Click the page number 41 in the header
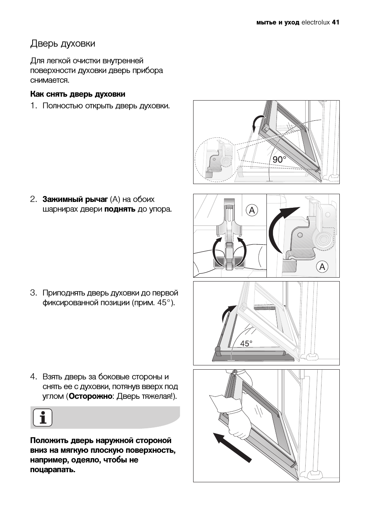335,23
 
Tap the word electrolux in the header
316,23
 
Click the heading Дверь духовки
63,44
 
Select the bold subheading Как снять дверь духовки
78,94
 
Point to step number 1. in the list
34,106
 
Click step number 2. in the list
34,200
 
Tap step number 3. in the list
34,293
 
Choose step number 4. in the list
34,377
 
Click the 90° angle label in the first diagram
279,160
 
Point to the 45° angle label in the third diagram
246,344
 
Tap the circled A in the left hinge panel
252,210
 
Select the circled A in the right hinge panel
322,267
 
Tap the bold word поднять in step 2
120,209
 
